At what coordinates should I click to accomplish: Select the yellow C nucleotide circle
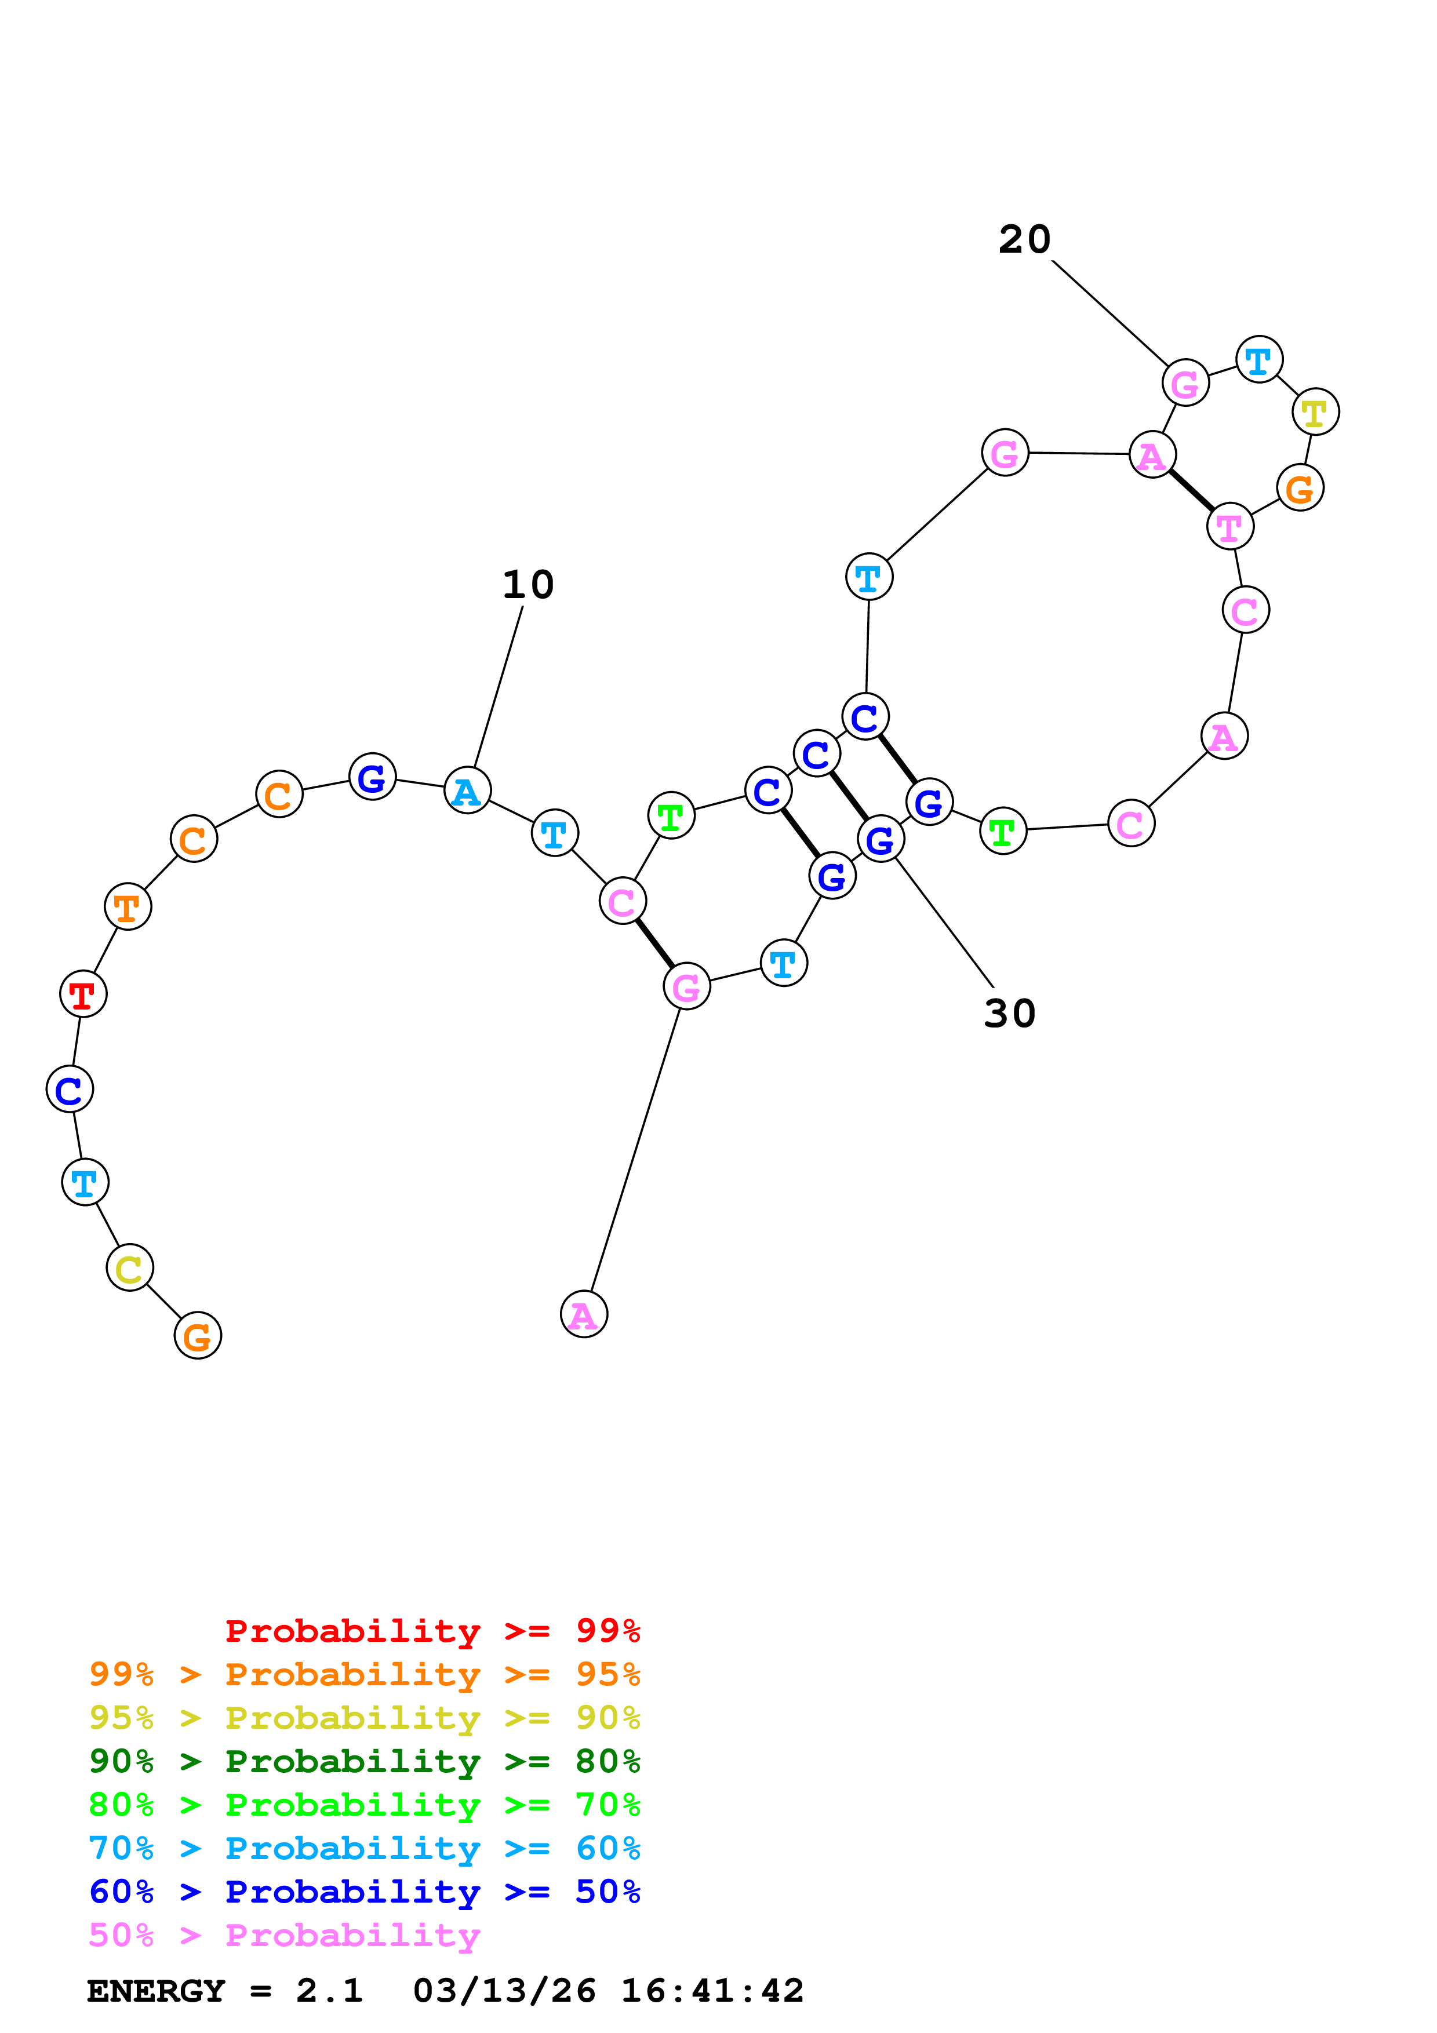pos(129,1268)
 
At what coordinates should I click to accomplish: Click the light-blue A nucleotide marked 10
pos(467,790)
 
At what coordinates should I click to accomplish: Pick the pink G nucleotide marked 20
pos(1185,382)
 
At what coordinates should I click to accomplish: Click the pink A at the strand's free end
pos(584,1315)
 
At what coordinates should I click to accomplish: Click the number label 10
pos(527,585)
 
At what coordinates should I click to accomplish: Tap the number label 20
pos(1024,240)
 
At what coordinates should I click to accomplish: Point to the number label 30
pos(1009,1014)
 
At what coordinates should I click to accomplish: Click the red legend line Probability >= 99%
pos(432,1631)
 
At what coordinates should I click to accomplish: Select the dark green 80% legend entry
pos(364,1761)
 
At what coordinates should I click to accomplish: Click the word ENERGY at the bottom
pos(156,1991)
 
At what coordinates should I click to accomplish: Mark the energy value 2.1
pos(329,1991)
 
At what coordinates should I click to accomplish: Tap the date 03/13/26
pos(504,1991)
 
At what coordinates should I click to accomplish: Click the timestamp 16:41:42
pos(712,1991)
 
